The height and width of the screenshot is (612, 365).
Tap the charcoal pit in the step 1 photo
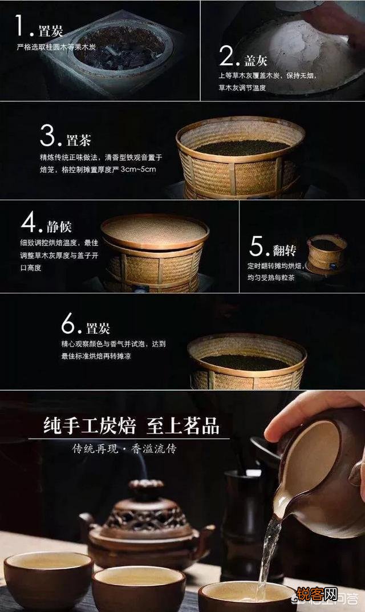tap(120, 48)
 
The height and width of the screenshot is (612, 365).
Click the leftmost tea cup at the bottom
tap(48, 579)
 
